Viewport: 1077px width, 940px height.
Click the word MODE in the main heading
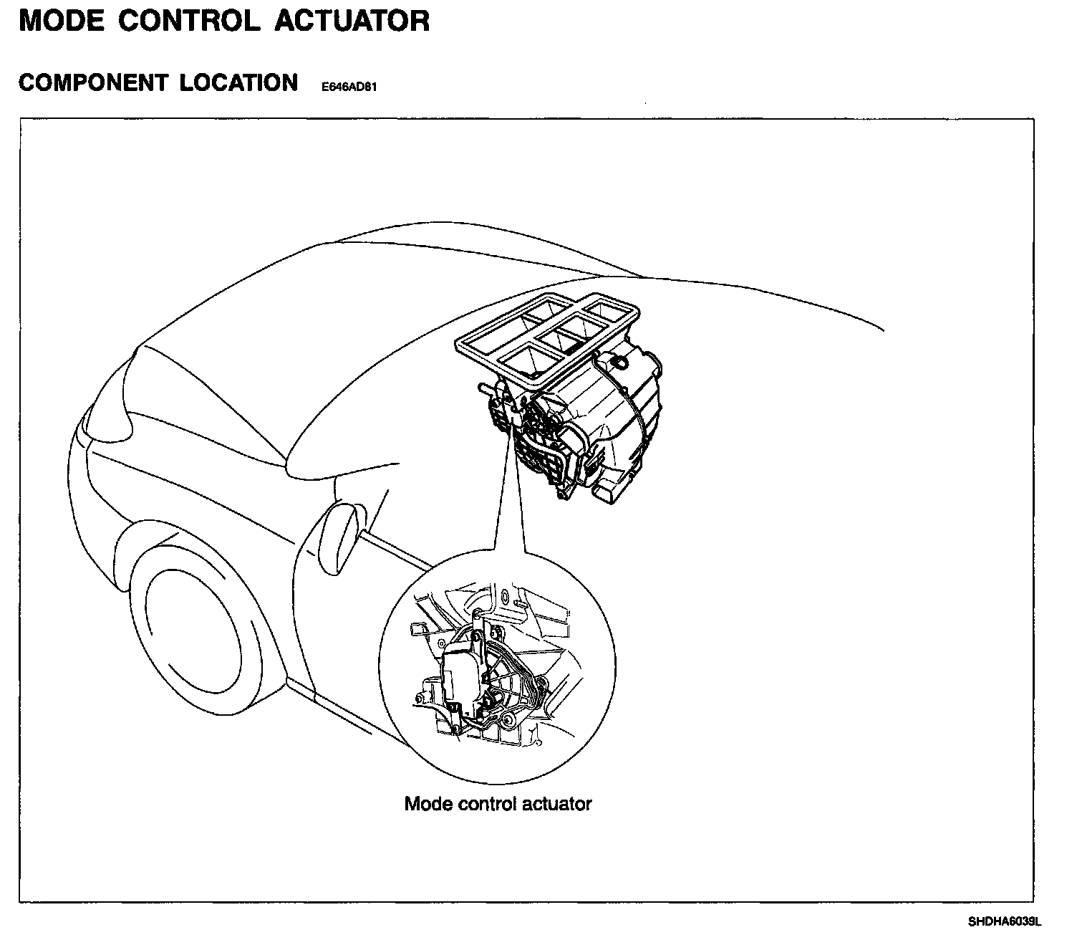coord(62,21)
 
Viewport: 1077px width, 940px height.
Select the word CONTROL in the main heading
coord(189,21)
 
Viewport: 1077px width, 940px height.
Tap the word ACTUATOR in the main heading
coord(352,21)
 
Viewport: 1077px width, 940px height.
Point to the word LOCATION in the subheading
coord(238,83)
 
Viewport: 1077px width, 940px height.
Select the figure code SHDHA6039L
coord(1004,921)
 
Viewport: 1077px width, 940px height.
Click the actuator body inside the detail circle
coord(463,677)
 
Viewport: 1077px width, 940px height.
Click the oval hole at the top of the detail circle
coord(506,595)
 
